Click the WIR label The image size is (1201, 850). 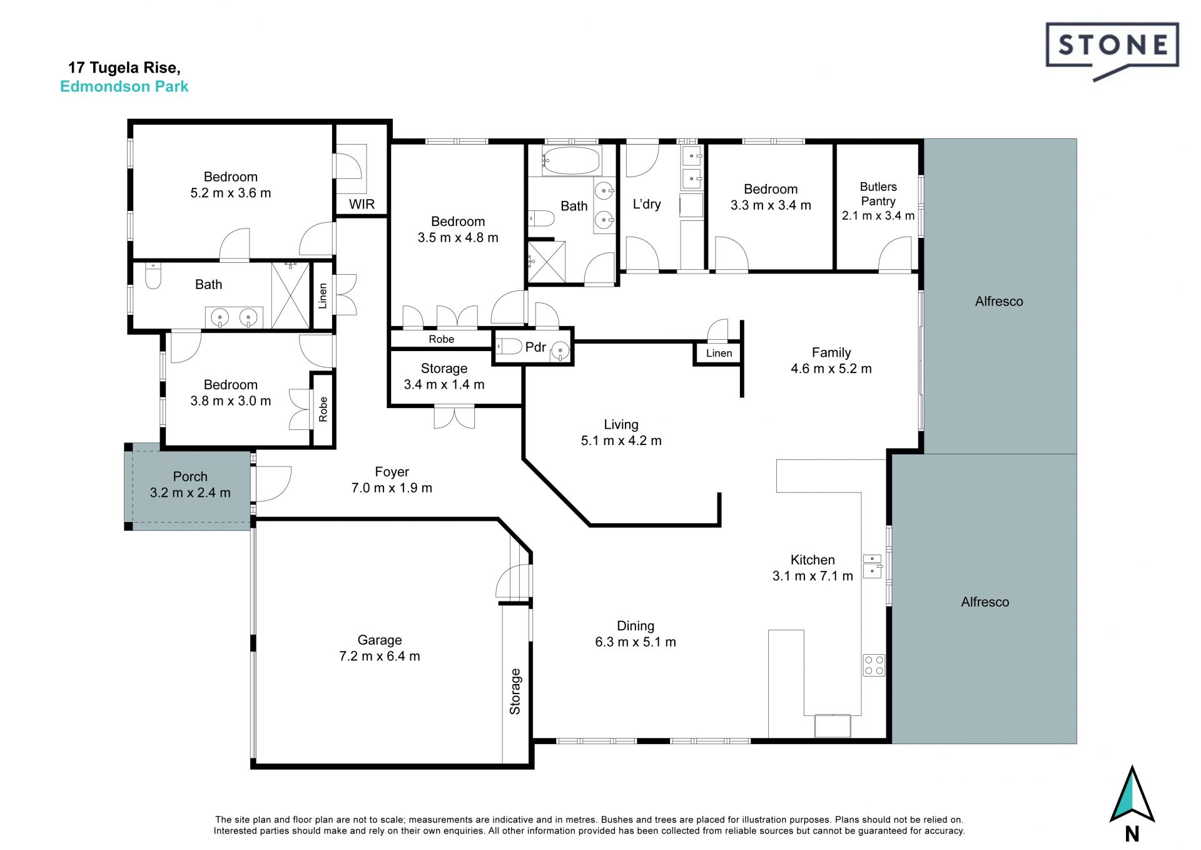[362, 204]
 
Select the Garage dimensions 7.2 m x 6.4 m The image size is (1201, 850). [380, 657]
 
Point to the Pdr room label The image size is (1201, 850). [535, 347]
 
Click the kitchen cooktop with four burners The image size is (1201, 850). [874, 665]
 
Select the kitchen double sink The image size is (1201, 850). [872, 565]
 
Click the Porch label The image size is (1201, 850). [190, 477]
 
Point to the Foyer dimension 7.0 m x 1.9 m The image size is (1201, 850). [392, 488]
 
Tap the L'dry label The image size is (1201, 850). [647, 204]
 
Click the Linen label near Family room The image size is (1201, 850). [719, 354]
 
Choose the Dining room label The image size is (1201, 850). [636, 626]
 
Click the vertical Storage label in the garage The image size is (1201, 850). [515, 692]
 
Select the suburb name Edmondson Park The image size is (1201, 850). [124, 86]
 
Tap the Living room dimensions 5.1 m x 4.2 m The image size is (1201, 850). [621, 441]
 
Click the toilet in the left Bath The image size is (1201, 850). [153, 276]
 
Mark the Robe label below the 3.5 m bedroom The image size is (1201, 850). [442, 339]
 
